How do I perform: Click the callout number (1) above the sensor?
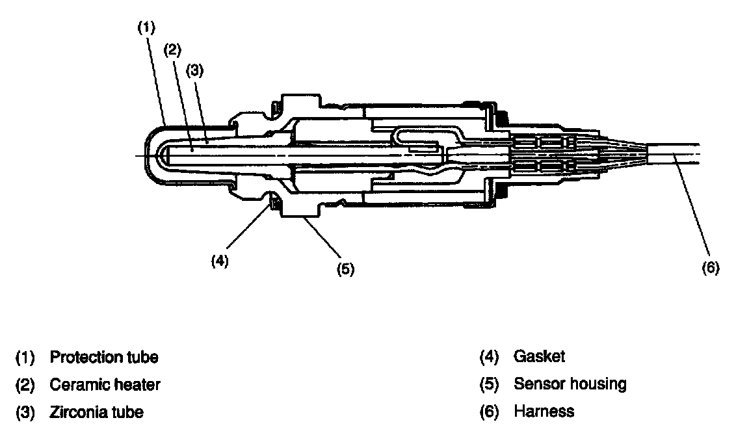point(147,27)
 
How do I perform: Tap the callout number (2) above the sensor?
point(172,49)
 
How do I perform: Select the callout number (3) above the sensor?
point(195,72)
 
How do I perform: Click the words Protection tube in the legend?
point(104,357)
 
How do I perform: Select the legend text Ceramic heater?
point(105,384)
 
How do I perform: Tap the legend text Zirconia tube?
point(96,412)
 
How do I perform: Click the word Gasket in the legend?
point(539,356)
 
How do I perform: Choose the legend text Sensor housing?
point(570,384)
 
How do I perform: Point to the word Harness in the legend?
point(544,412)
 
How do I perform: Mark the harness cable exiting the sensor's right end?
point(676,154)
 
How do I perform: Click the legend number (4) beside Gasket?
point(489,356)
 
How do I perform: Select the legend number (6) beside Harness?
point(489,412)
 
